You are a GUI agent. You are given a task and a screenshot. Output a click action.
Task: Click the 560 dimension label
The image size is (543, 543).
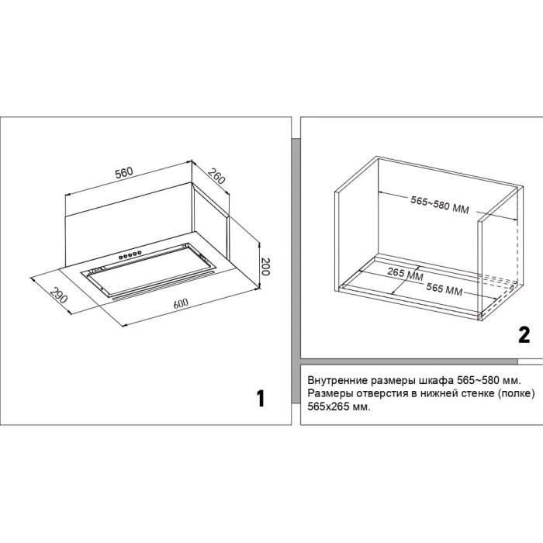[x=124, y=173]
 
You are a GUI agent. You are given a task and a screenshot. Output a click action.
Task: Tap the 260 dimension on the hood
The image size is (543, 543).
[x=216, y=176]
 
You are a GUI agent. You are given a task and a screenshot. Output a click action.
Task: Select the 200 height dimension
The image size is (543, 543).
[x=265, y=266]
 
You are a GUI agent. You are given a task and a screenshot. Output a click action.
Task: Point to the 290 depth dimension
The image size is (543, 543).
[x=57, y=295]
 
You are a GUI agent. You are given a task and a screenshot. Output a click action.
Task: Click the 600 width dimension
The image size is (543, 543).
[x=181, y=304]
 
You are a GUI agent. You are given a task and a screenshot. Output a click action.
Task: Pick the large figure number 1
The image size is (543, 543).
[x=261, y=398]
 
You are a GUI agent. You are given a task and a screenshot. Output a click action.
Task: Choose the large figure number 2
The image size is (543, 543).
[x=524, y=335]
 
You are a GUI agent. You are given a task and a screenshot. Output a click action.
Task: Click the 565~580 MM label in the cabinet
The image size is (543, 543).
[x=440, y=205]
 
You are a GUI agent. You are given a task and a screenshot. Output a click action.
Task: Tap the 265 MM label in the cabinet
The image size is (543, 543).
[x=405, y=274]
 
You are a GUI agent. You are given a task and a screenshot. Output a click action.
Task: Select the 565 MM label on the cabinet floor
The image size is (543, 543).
[x=444, y=289]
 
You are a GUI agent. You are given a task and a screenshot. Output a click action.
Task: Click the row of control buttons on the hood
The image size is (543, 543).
[x=130, y=255]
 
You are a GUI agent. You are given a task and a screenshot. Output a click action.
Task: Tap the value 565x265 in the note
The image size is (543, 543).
[x=328, y=406]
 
